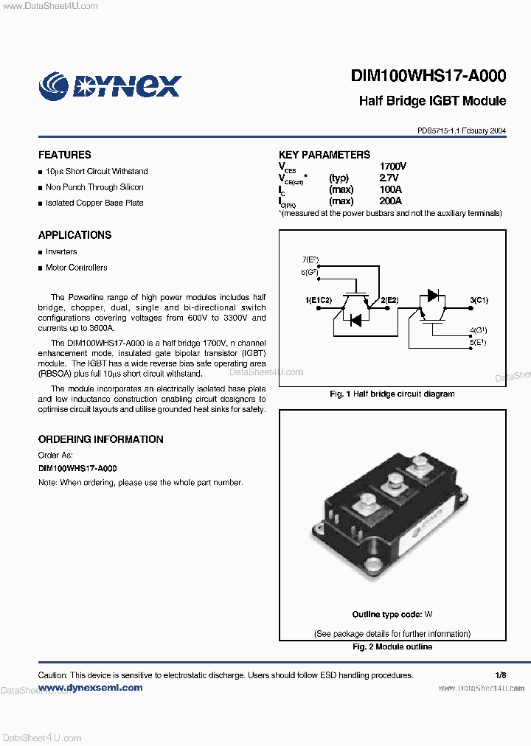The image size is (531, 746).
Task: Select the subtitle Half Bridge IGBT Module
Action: point(432,101)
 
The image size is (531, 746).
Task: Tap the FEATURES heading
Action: point(65,155)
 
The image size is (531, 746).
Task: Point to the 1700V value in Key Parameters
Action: point(392,167)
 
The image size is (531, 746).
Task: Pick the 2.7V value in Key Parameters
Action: point(389,178)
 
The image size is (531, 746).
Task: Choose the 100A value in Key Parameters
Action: point(390,189)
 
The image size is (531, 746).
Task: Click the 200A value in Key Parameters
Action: point(390,201)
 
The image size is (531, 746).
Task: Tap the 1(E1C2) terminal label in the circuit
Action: point(319,301)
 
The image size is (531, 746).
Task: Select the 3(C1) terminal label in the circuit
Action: point(479,301)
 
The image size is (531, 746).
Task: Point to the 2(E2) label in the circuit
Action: point(389,301)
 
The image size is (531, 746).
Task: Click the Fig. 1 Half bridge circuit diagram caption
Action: point(392,394)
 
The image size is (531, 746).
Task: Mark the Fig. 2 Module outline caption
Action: point(392,647)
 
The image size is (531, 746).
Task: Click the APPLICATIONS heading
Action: point(74,235)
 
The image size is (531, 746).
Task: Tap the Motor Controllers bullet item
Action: point(76,268)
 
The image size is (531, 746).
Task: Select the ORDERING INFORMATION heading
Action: point(100,439)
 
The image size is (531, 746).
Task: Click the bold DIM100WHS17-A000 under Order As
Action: point(77,469)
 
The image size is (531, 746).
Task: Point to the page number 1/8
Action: point(501,675)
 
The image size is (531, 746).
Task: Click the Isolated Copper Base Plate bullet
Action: point(94,203)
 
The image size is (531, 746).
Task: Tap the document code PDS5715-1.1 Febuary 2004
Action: point(462,130)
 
